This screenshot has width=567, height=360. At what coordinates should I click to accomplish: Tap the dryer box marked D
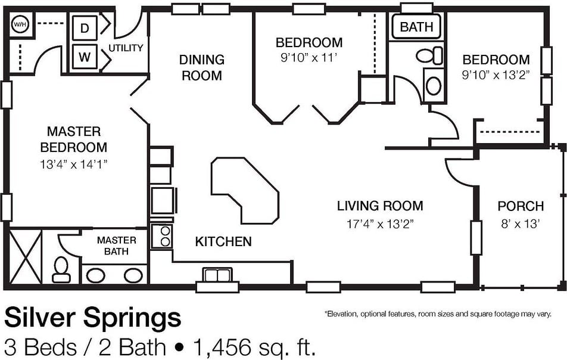click(x=85, y=28)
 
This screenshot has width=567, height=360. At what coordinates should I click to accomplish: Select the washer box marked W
click(x=85, y=57)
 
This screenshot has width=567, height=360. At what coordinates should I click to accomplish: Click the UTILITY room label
click(x=126, y=48)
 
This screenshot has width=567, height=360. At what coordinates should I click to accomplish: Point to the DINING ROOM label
click(x=202, y=67)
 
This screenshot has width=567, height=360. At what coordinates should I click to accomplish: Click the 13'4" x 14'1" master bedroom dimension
click(x=74, y=165)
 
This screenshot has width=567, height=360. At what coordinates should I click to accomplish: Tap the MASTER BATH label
click(x=117, y=246)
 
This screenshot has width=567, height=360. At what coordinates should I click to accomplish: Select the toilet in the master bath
click(x=61, y=269)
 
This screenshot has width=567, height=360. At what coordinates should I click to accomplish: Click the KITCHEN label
click(x=223, y=241)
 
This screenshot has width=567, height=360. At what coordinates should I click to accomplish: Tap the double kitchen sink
click(x=217, y=275)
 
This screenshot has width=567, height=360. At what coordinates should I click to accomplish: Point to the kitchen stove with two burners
click(x=161, y=236)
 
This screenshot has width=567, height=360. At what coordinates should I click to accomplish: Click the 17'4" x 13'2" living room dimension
click(x=380, y=224)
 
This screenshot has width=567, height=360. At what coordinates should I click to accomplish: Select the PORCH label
click(x=521, y=206)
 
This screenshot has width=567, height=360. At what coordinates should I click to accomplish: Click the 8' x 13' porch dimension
click(x=521, y=224)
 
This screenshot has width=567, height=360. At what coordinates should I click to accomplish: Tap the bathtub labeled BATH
click(x=416, y=26)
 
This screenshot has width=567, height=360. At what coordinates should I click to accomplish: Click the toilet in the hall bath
click(x=429, y=55)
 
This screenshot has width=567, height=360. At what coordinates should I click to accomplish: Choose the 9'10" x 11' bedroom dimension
click(x=309, y=58)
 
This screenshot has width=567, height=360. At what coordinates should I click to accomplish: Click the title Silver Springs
click(x=92, y=318)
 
